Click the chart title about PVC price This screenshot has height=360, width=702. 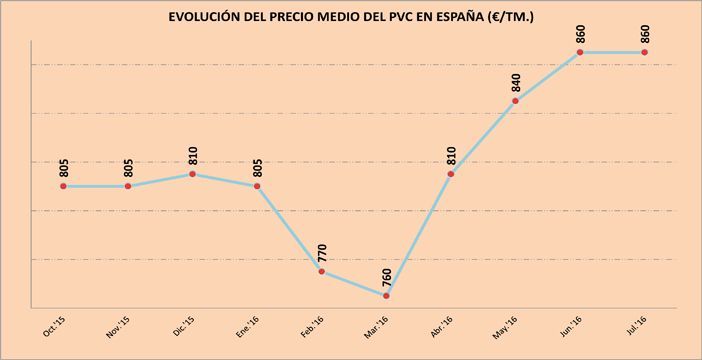(x=350, y=18)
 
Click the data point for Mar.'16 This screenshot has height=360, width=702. (x=386, y=296)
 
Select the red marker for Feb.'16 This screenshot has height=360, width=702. (x=322, y=271)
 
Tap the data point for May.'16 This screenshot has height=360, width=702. (x=515, y=100)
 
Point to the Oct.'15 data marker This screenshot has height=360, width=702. (x=64, y=186)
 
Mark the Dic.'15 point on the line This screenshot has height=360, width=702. (x=193, y=174)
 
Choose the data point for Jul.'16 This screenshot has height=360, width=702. (x=644, y=52)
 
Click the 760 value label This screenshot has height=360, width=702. (x=387, y=273)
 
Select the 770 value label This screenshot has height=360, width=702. (x=322, y=248)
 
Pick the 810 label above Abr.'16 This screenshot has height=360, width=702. (x=451, y=151)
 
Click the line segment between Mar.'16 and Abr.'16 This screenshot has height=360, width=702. (x=419, y=235)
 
